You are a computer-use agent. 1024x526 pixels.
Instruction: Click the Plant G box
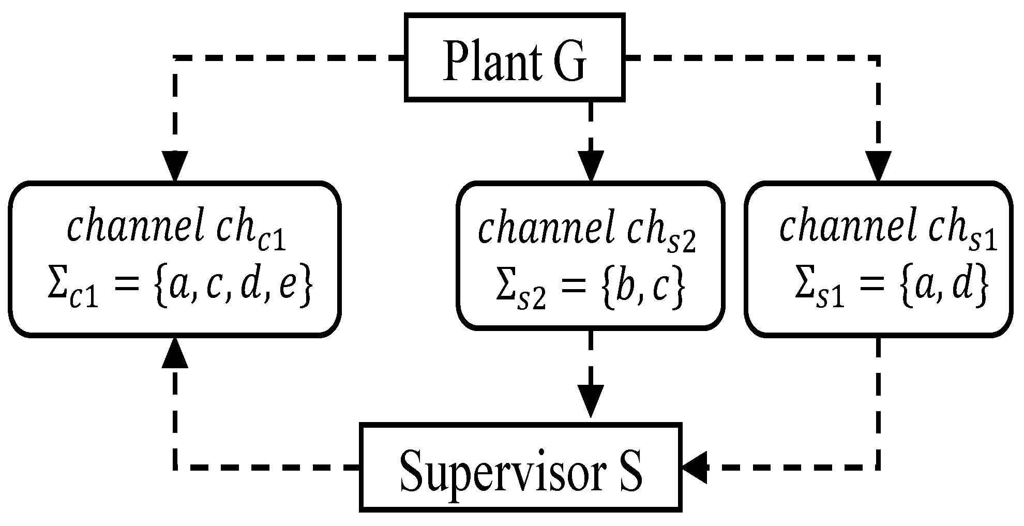514,57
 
